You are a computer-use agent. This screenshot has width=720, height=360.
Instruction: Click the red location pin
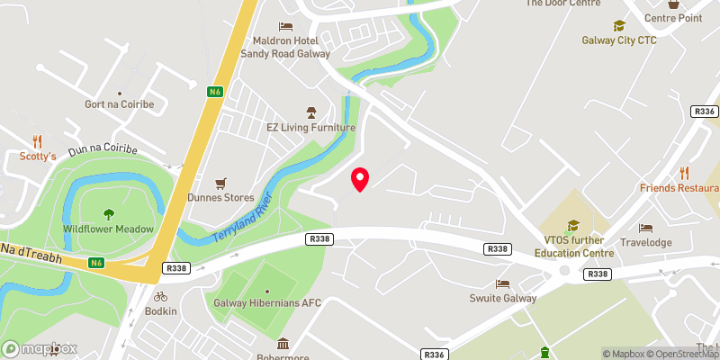pyautogui.click(x=360, y=178)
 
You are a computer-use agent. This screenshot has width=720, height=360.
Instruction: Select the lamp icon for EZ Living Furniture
pyautogui.click(x=311, y=112)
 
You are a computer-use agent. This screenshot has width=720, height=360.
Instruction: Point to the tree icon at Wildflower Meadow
pyautogui.click(x=109, y=214)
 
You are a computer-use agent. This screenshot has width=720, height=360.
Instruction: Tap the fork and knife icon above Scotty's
pyautogui.click(x=38, y=141)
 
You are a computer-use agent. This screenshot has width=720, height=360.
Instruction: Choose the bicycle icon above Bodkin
pyautogui.click(x=160, y=295)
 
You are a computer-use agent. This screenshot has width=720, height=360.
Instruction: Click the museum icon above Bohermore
pyautogui.click(x=283, y=343)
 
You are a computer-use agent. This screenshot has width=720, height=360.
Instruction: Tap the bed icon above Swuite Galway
pyautogui.click(x=502, y=283)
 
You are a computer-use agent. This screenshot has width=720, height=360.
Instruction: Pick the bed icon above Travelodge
pyautogui.click(x=645, y=228)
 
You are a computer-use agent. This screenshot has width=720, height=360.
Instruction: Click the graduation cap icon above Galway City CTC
pyautogui.click(x=618, y=26)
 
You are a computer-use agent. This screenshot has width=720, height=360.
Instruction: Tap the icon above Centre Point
pyautogui.click(x=672, y=4)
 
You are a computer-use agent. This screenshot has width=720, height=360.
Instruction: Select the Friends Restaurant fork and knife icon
pyautogui.click(x=684, y=173)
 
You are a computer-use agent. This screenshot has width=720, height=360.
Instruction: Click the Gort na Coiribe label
pyautogui.click(x=120, y=103)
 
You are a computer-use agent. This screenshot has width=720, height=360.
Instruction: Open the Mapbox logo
pyautogui.click(x=40, y=348)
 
